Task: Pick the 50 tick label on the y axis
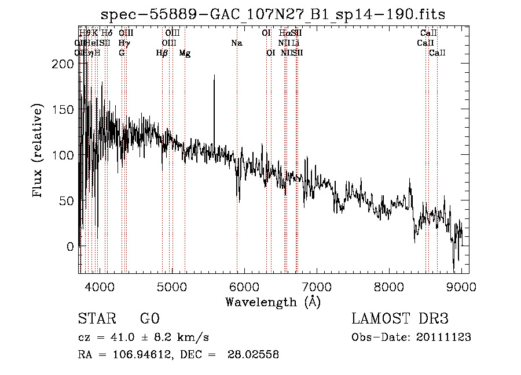pyautogui.click(x=68, y=201)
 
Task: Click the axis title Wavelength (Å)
pyautogui.click(x=273, y=302)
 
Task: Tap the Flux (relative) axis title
pyautogui.click(x=39, y=151)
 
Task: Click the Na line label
pyautogui.click(x=236, y=43)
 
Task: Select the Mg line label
pyautogui.click(x=185, y=53)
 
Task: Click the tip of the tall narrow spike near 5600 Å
pyautogui.click(x=214, y=76)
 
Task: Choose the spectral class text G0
pyautogui.click(x=149, y=319)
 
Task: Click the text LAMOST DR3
pyautogui.click(x=400, y=319)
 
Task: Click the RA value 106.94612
pyautogui.click(x=143, y=355)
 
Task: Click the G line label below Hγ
pyautogui.click(x=122, y=53)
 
